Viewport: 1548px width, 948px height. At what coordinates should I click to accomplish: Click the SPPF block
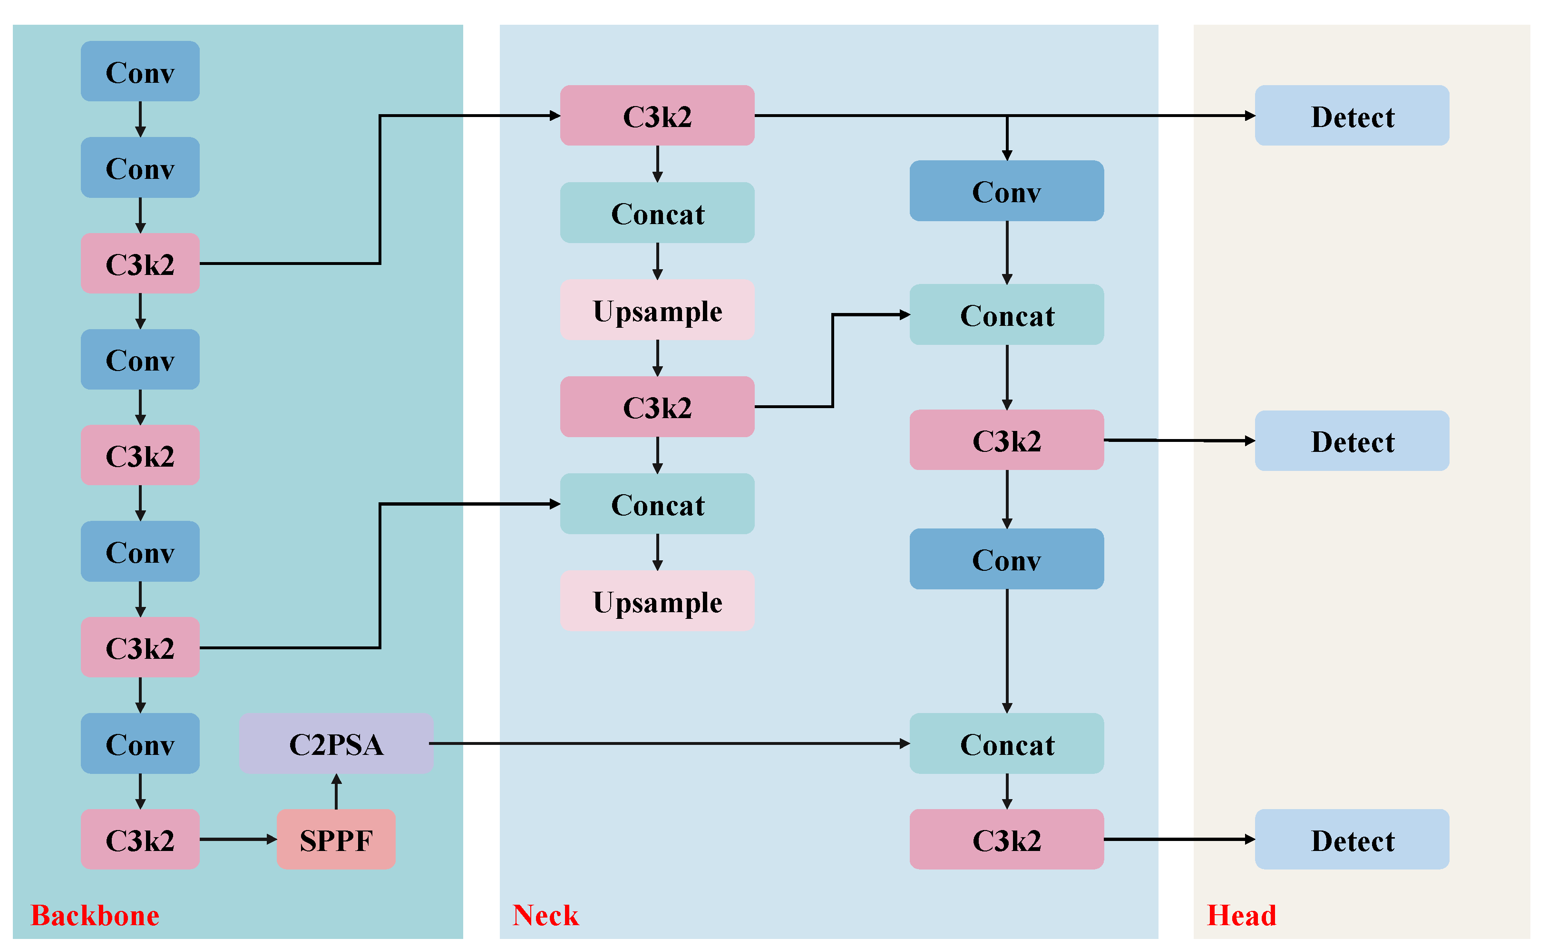(x=336, y=840)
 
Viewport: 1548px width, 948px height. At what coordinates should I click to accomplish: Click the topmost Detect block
(x=1352, y=116)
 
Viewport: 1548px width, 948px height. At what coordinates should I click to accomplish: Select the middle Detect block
(x=1352, y=441)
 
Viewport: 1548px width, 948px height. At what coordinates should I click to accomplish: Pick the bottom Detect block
(x=1352, y=840)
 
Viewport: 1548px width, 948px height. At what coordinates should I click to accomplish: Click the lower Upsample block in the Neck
(x=657, y=601)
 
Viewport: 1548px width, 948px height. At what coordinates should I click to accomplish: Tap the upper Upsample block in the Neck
(x=657, y=310)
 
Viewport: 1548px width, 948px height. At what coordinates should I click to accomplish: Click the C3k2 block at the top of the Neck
(x=657, y=116)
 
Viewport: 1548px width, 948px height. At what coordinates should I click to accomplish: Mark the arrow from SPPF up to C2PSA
(x=336, y=792)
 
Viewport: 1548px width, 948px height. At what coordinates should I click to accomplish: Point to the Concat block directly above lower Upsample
(x=657, y=504)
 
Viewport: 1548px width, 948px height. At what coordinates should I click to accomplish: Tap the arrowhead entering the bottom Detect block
(x=1250, y=840)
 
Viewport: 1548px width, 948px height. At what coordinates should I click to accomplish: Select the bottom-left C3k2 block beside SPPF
(x=140, y=840)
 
